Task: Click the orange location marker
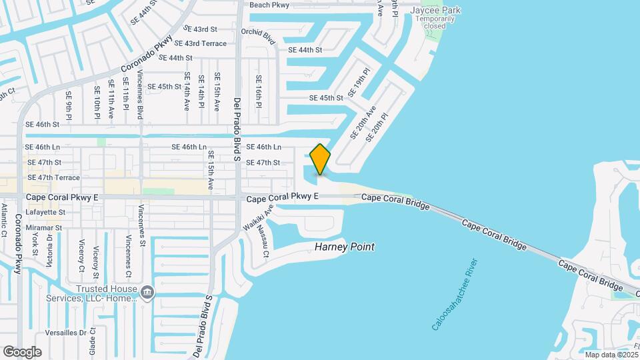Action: pos(320,159)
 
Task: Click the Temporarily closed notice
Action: pos(435,23)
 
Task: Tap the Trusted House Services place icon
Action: pos(147,291)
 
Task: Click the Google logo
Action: pos(22,351)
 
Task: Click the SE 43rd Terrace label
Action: pos(196,43)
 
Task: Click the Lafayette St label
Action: pos(45,212)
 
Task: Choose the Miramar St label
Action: pos(43,227)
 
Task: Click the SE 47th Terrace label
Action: pos(53,178)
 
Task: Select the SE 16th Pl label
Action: pos(259,91)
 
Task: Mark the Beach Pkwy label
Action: pos(269,5)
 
